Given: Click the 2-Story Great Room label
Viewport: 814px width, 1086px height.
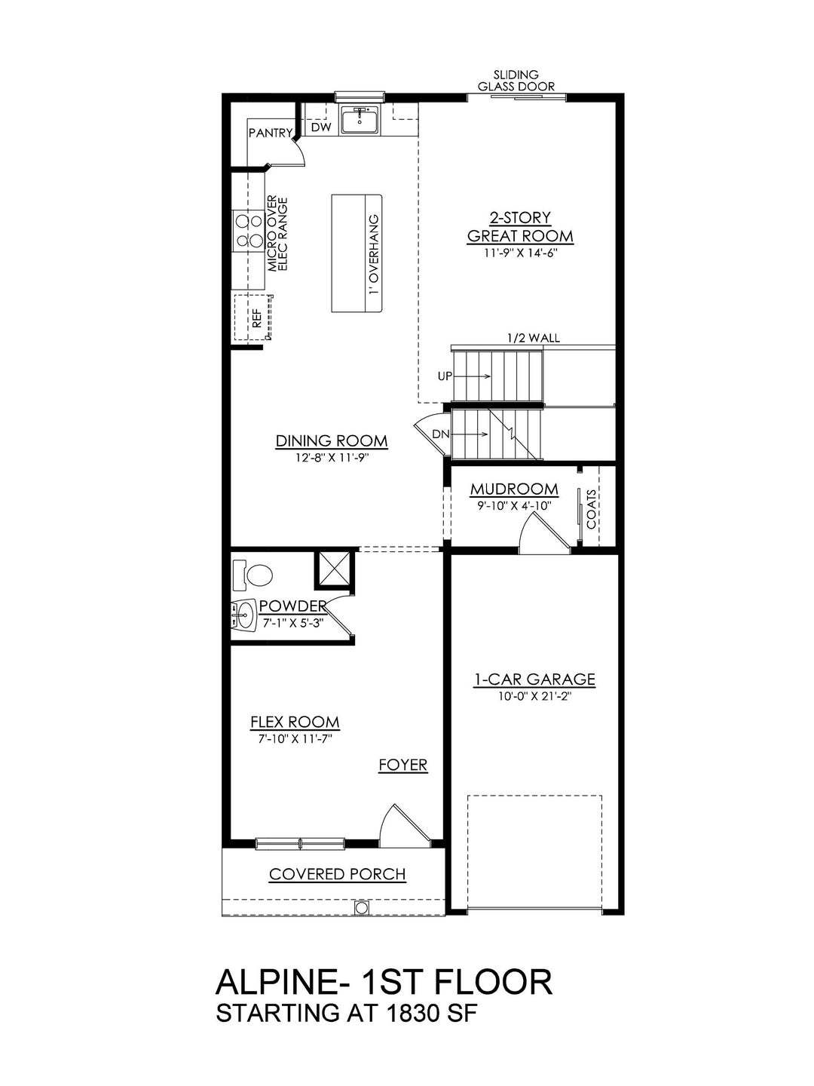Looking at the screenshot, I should pos(520,227).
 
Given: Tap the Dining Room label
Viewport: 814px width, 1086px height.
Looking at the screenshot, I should pos(332,441).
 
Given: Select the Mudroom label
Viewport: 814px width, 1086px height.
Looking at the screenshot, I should pos(514,489).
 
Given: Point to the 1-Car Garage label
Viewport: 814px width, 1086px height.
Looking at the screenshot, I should pos(534,680).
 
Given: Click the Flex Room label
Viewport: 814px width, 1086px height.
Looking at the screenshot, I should pos(295,722).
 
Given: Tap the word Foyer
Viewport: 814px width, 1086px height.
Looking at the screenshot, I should pos(402,765).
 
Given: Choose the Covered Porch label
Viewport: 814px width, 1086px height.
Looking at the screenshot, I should pos(337,875).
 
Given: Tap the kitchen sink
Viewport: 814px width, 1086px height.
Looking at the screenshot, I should pos(360,121).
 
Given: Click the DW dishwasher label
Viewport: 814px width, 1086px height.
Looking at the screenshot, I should pos(321,128).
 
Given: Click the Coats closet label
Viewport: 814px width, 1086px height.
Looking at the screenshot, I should pos(592,509).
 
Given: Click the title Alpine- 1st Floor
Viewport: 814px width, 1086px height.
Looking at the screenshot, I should pos(384,983).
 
